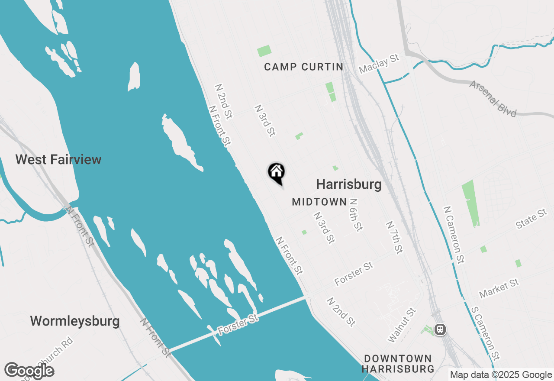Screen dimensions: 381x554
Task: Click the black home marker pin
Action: pyautogui.click(x=276, y=172)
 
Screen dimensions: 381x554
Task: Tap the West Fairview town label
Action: pyautogui.click(x=58, y=159)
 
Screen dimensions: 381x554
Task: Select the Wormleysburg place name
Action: pyautogui.click(x=75, y=321)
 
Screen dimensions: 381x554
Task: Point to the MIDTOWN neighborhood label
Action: pyautogui.click(x=319, y=202)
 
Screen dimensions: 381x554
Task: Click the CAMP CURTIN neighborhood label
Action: pyautogui.click(x=303, y=67)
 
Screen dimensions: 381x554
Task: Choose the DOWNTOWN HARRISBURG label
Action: pyautogui.click(x=398, y=364)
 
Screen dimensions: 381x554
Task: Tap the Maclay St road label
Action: pyautogui.click(x=379, y=64)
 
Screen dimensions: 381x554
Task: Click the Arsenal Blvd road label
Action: pyautogui.click(x=493, y=99)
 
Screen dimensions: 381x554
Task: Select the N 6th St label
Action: pyautogui.click(x=355, y=215)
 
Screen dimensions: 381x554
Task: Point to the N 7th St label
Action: pyautogui.click(x=395, y=238)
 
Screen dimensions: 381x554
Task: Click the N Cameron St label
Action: pyautogui.click(x=454, y=234)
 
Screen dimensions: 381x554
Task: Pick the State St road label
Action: pyautogui.click(x=531, y=219)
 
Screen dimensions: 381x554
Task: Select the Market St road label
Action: pyautogui.click(x=499, y=289)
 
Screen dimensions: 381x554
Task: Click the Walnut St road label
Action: pyautogui.click(x=402, y=325)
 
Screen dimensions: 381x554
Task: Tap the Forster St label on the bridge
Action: pyautogui.click(x=238, y=325)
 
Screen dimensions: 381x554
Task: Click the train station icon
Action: pyautogui.click(x=440, y=329)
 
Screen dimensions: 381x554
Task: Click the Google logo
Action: pyautogui.click(x=29, y=371)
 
